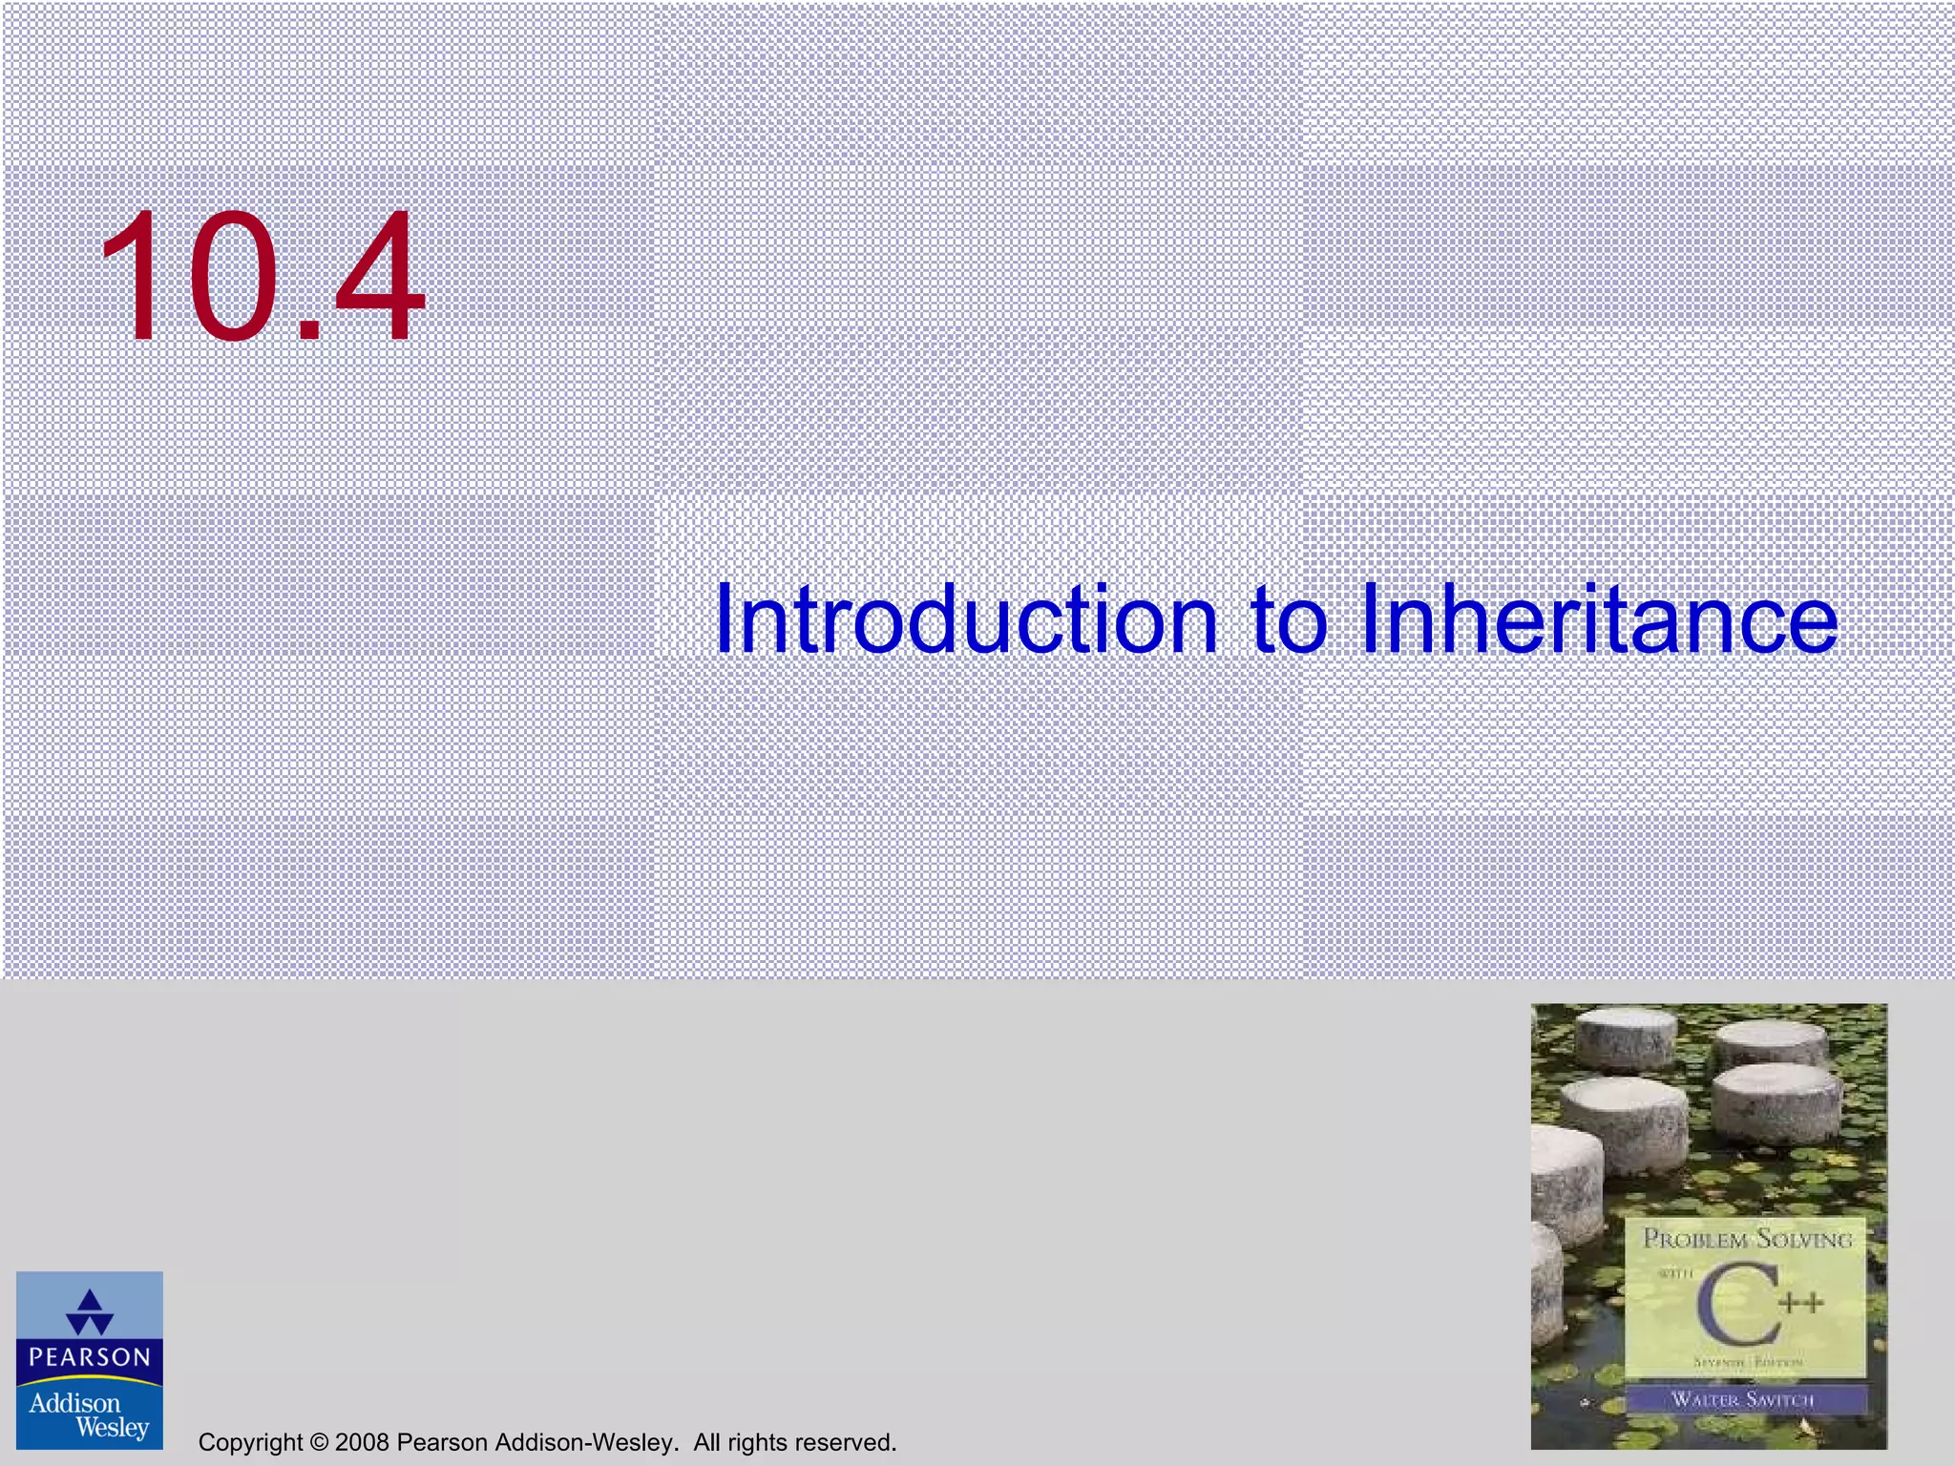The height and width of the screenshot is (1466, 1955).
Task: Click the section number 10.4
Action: [x=262, y=277]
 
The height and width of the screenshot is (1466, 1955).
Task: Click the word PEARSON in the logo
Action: [x=90, y=1357]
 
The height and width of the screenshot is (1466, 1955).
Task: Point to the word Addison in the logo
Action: [x=74, y=1402]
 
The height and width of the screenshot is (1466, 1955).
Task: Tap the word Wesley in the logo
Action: [x=113, y=1428]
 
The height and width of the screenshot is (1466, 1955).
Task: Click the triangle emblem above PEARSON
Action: [x=90, y=1311]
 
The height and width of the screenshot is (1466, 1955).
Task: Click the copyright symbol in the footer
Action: [x=320, y=1442]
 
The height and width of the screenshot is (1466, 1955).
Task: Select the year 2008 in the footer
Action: [x=362, y=1442]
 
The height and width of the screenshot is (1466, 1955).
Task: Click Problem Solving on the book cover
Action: [x=1747, y=1240]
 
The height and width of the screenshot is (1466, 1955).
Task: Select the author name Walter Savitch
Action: [x=1743, y=1400]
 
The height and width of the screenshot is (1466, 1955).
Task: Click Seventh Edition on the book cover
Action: [x=1747, y=1363]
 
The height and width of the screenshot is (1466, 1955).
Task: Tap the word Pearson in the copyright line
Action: [x=441, y=1442]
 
